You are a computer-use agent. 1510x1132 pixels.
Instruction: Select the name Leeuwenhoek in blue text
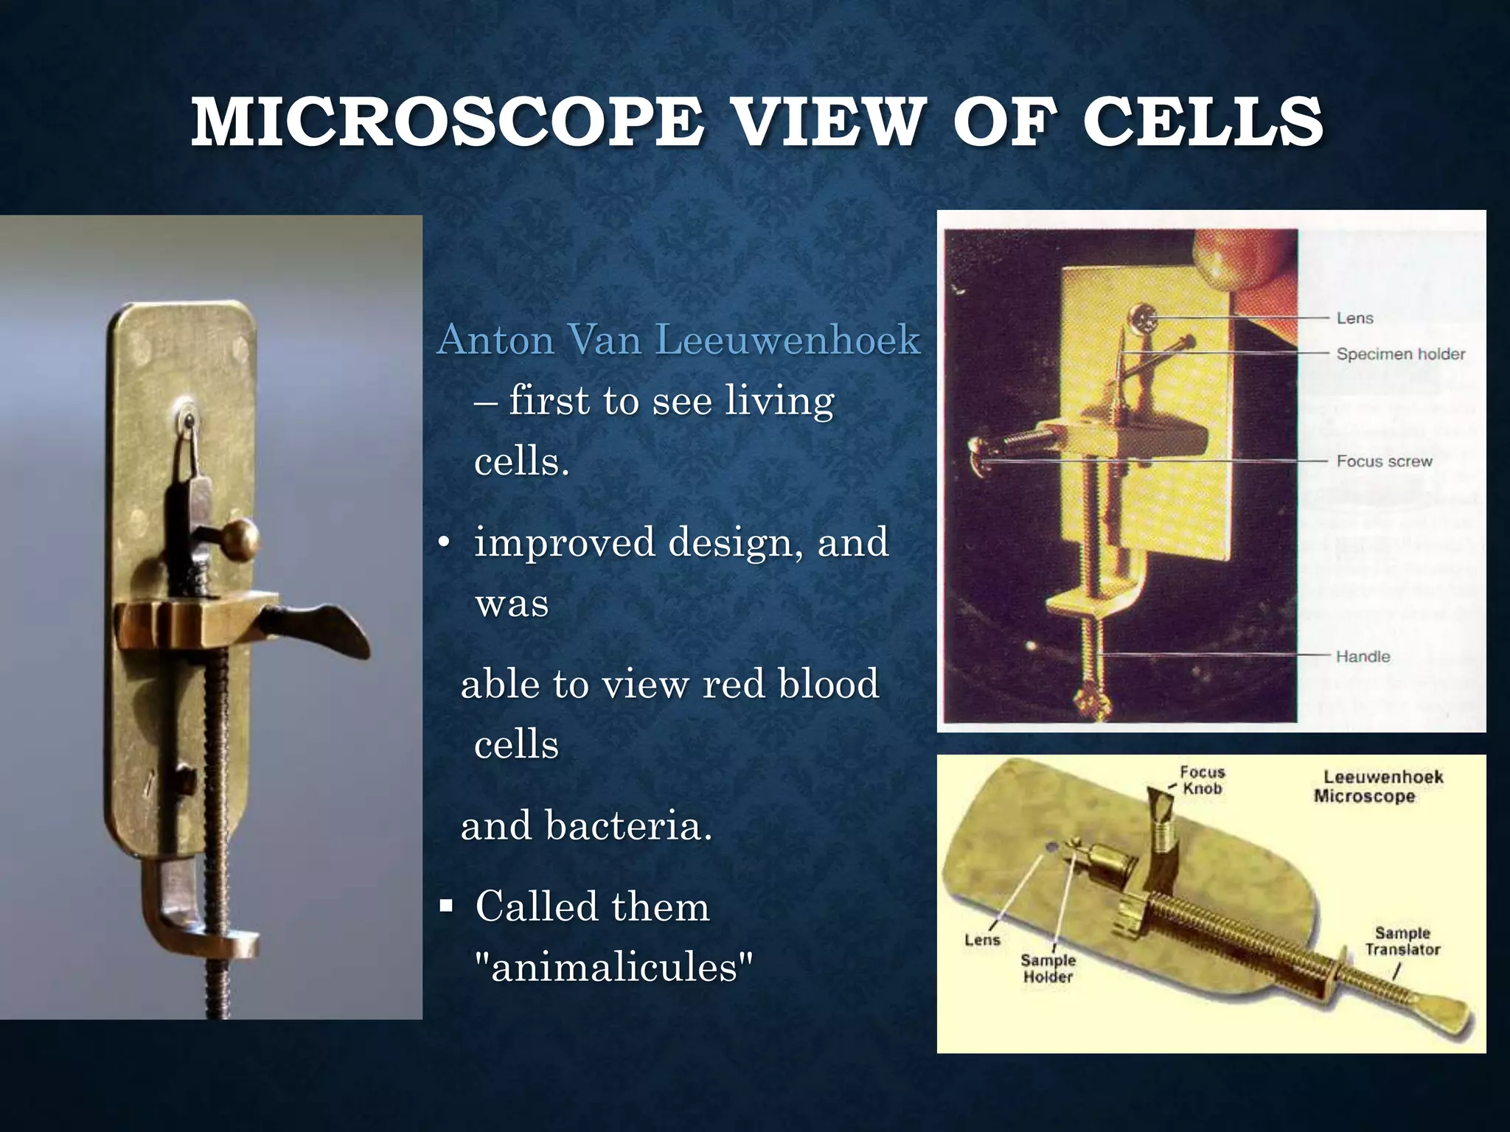[x=787, y=340]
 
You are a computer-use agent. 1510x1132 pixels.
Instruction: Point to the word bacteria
[x=628, y=825]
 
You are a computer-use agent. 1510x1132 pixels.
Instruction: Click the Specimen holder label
[x=1400, y=354]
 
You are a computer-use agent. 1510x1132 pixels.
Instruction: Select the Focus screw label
[x=1384, y=461]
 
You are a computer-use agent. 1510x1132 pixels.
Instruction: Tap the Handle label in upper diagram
[x=1363, y=656]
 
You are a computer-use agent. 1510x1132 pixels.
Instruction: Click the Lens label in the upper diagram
[x=1354, y=318]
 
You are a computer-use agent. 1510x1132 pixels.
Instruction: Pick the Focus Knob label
[x=1202, y=780]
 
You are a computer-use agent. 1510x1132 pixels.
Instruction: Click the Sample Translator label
[x=1402, y=941]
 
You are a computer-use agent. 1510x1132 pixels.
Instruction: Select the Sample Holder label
[x=1048, y=968]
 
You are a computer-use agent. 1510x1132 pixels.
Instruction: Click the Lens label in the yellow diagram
[x=982, y=940]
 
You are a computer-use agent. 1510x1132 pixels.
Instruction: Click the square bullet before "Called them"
[x=445, y=904]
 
